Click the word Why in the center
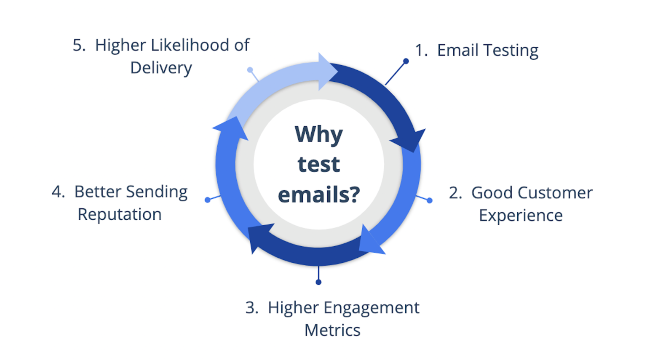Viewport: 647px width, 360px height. (x=318, y=135)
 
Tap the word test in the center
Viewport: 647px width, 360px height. (x=318, y=164)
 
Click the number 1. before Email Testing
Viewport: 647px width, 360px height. (x=421, y=50)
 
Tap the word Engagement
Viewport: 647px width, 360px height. (x=372, y=309)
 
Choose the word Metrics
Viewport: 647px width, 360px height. (x=332, y=330)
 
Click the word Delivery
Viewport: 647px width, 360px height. (x=161, y=69)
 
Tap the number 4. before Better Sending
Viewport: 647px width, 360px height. (x=58, y=192)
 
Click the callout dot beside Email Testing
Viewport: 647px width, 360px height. (x=406, y=61)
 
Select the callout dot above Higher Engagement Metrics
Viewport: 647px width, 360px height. (x=318, y=282)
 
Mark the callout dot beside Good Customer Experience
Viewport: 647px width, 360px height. (x=430, y=200)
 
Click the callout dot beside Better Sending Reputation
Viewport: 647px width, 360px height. (x=207, y=200)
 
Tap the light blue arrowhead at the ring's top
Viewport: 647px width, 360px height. (x=328, y=71)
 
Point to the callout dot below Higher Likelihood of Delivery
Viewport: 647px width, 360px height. (x=250, y=70)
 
